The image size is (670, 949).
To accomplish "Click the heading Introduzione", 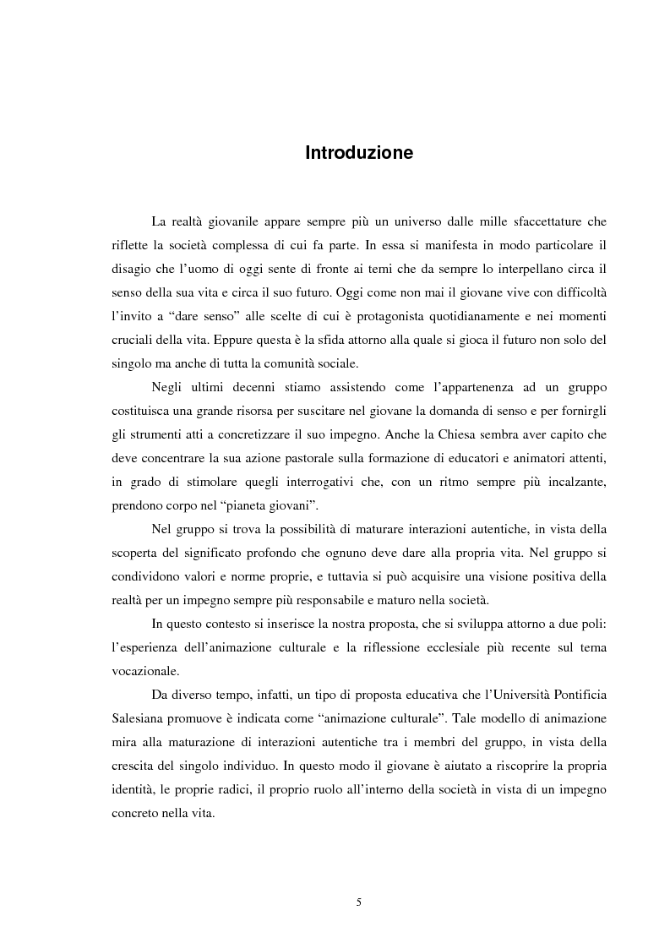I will pos(359,154).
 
